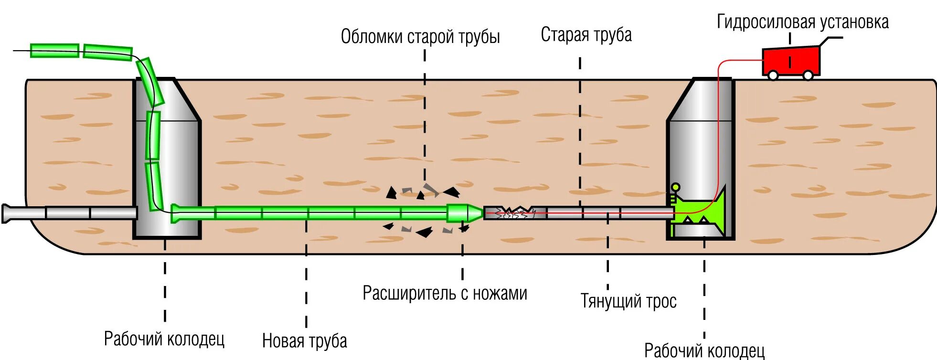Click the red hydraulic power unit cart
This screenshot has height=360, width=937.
coord(791,61)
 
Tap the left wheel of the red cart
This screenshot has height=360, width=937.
coord(773,75)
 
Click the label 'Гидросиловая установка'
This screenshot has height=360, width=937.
coord(802,22)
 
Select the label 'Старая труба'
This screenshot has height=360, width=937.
coord(586,35)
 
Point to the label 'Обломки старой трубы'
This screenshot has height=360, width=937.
coord(420,37)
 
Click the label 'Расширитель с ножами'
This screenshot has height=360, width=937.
coord(445,293)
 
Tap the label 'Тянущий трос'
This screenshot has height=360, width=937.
coord(628,301)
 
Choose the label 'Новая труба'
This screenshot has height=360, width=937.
coord(304,341)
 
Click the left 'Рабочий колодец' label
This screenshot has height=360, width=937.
coord(164,339)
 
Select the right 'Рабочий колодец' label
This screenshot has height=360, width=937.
coord(704,351)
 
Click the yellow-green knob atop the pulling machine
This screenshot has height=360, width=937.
coord(675,187)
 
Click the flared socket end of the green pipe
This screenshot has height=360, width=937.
coord(176,213)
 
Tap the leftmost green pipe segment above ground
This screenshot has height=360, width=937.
coord(54,51)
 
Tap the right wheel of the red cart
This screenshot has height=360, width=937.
coord(808,75)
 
